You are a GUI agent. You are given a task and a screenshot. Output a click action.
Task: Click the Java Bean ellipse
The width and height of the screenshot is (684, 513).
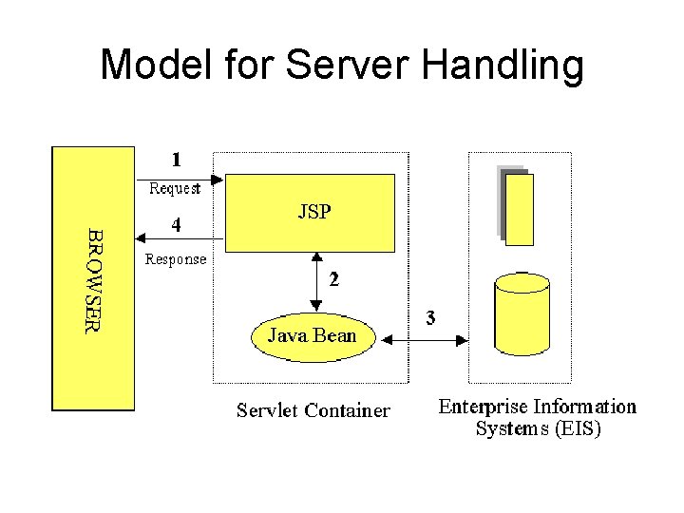[x=313, y=335]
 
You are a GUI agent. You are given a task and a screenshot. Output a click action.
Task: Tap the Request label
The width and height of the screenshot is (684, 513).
[x=175, y=188]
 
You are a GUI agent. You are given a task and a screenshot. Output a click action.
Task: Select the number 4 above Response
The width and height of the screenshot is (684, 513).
[x=176, y=225]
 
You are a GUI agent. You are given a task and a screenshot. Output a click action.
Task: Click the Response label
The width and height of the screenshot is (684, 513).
[x=175, y=258]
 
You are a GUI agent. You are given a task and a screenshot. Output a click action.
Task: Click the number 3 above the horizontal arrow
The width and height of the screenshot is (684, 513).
[x=430, y=318]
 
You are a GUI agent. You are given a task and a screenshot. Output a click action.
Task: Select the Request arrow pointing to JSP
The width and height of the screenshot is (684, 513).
[x=180, y=178]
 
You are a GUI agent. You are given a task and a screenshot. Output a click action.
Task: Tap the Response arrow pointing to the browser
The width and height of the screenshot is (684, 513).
[x=180, y=241]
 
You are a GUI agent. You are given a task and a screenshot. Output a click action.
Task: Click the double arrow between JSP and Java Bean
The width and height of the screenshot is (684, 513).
[x=315, y=282]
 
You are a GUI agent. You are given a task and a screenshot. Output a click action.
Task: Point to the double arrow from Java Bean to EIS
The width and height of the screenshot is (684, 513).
[x=424, y=336]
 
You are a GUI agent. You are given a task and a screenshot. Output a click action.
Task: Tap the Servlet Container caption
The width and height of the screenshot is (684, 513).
[x=313, y=410]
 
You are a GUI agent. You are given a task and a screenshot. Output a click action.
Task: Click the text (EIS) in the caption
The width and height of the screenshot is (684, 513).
[x=579, y=428]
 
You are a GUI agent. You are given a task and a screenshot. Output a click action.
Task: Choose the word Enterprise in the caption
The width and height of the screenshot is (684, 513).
[x=483, y=407]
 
